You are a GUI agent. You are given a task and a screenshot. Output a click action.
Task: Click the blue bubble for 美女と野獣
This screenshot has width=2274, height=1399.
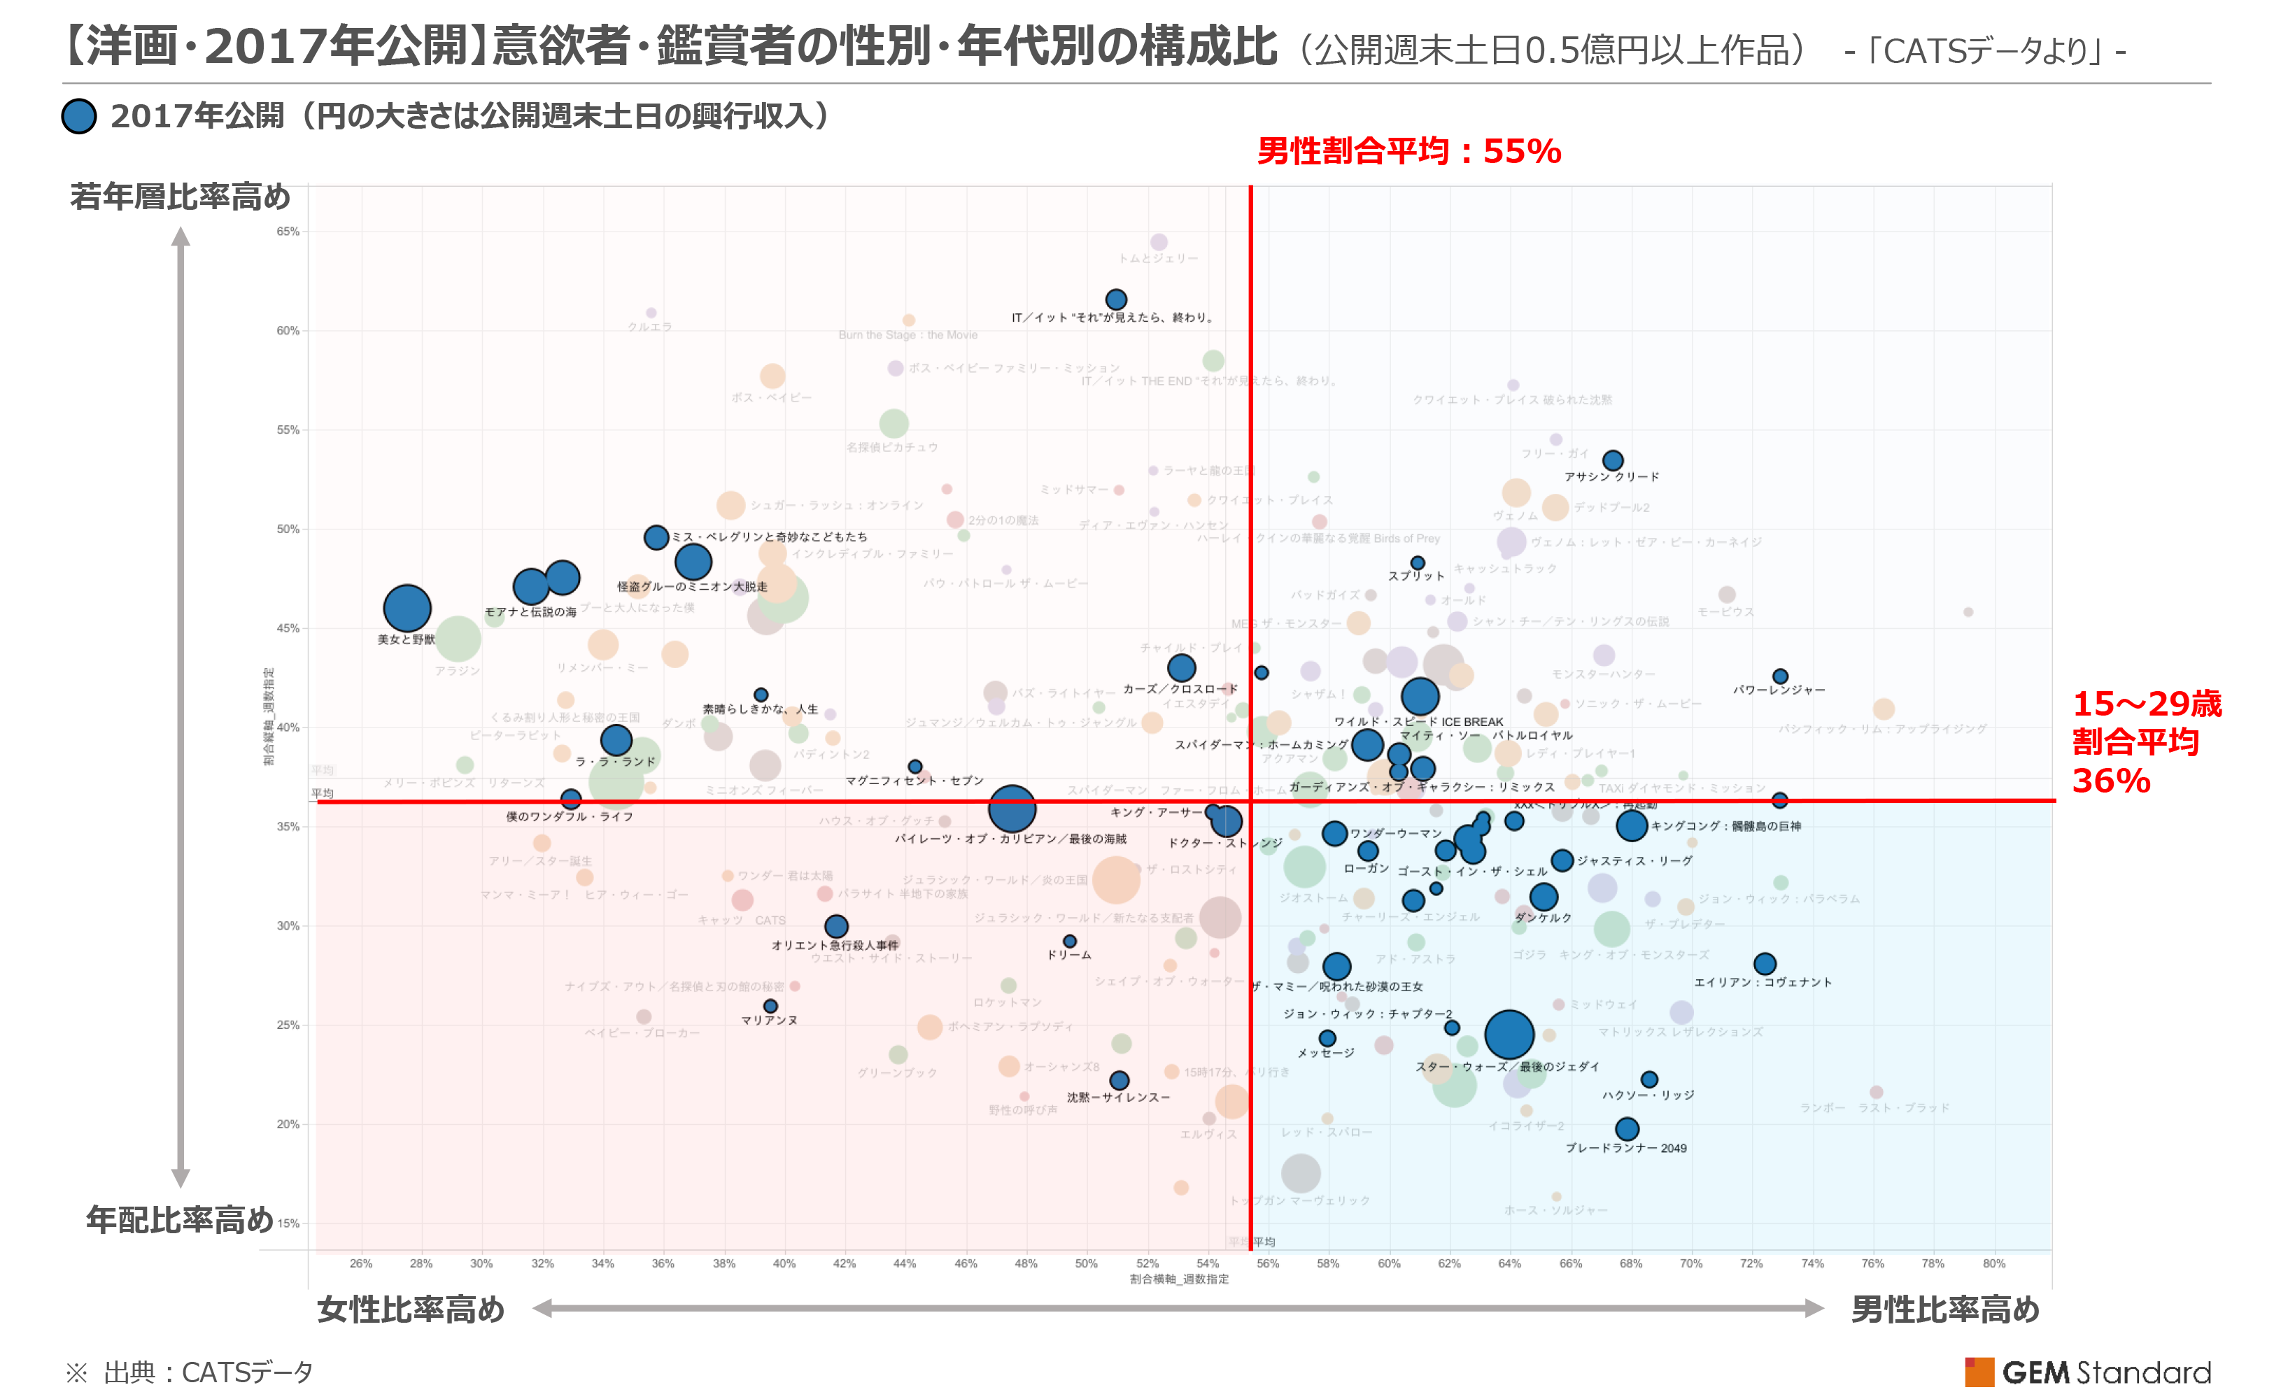407,608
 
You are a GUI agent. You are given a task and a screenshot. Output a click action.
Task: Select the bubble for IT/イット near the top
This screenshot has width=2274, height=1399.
1116,299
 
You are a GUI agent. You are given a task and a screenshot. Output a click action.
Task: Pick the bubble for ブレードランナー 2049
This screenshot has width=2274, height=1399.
1627,1128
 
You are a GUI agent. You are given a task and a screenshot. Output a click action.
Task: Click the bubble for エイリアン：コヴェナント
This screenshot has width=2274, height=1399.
1765,964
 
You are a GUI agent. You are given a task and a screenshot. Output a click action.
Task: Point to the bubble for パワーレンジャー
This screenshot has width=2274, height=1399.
1781,676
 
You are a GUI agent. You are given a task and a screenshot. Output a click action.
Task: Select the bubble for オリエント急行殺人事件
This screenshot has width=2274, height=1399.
835,926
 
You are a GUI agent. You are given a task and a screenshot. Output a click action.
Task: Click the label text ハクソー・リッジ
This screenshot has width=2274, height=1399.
1648,1095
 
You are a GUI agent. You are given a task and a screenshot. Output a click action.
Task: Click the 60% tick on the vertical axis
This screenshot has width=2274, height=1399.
288,330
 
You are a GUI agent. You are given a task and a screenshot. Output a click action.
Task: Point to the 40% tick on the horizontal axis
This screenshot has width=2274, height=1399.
784,1263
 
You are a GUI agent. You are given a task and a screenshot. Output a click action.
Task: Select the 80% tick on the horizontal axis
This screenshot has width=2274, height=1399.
1995,1263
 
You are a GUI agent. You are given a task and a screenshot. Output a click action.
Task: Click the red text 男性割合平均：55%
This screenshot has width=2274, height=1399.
1408,151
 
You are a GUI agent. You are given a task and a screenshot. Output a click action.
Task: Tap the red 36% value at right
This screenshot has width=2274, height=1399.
2111,781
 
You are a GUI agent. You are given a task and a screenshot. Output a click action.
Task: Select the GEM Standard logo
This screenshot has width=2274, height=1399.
2088,1371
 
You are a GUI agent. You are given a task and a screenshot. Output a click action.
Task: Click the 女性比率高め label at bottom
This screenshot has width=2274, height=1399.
411,1309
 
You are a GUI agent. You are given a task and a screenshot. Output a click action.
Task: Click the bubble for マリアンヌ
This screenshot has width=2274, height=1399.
770,1006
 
